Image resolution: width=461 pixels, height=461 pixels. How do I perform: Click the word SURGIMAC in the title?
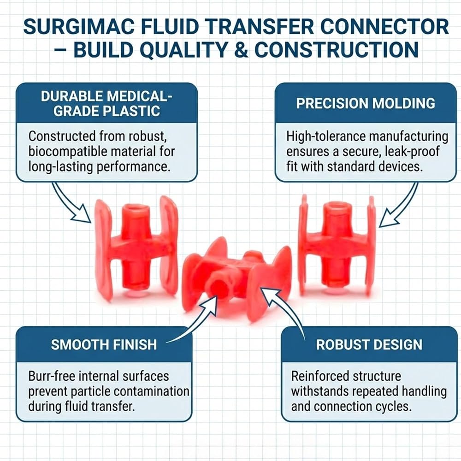(79, 27)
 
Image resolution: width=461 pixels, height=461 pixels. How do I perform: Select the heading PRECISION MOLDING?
(366, 103)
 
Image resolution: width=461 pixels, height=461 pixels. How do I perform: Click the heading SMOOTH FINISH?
(104, 344)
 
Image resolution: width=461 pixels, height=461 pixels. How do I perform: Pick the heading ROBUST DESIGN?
(369, 344)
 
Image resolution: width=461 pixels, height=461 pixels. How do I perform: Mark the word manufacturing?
(408, 137)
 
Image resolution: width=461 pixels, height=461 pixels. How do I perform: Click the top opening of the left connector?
(136, 208)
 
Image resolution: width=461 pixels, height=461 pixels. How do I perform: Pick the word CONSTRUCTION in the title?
(337, 50)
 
